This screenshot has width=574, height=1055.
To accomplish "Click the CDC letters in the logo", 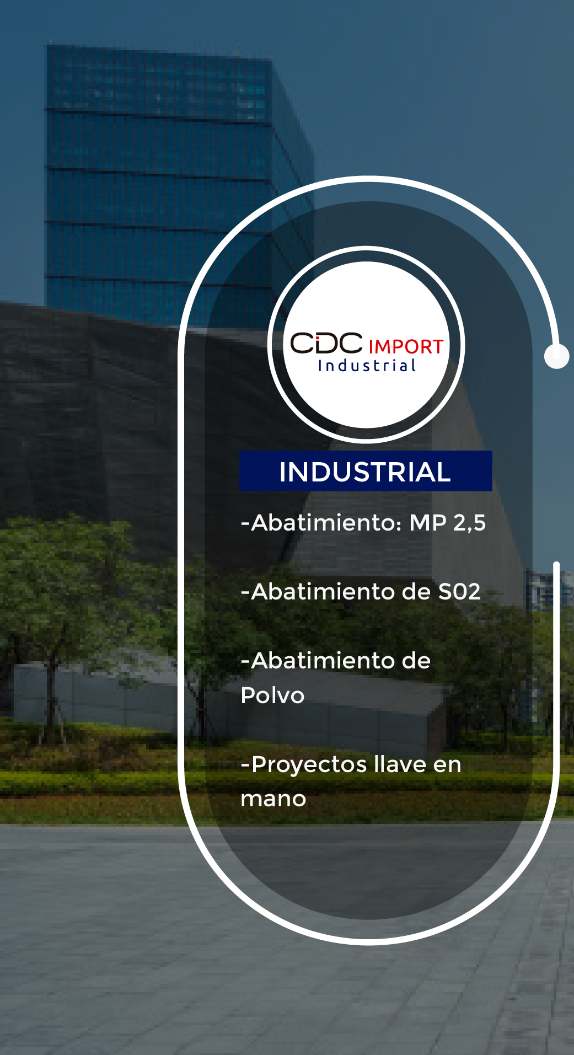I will [326, 343].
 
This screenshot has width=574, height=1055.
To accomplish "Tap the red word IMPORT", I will [406, 347].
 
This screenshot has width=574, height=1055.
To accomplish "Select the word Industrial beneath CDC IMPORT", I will [367, 366].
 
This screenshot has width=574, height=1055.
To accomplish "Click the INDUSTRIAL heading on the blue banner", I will [365, 472].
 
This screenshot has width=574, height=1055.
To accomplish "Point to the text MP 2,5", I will [447, 523].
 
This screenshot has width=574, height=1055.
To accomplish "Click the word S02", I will [459, 592].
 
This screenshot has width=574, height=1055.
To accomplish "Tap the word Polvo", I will [272, 695].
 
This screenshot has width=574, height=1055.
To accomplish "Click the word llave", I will [400, 764].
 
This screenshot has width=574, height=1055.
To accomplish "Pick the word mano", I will [273, 799].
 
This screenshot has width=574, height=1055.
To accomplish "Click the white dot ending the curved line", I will [556, 356].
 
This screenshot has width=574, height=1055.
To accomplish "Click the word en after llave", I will [447, 765].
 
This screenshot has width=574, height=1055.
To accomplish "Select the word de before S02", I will [416, 592].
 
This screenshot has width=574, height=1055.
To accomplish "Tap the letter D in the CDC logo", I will [326, 343].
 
